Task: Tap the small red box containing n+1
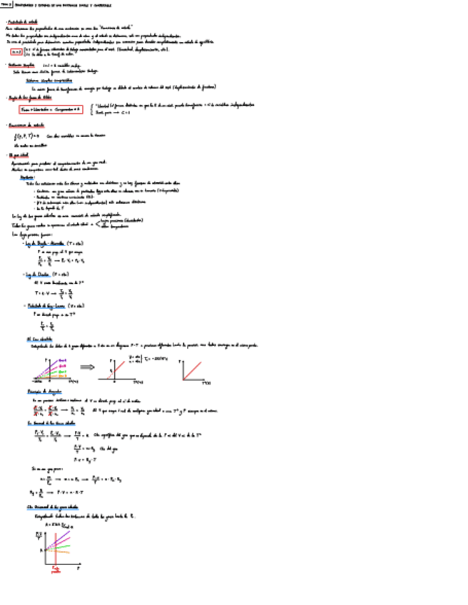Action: [x=16, y=51]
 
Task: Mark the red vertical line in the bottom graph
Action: [x=55, y=549]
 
